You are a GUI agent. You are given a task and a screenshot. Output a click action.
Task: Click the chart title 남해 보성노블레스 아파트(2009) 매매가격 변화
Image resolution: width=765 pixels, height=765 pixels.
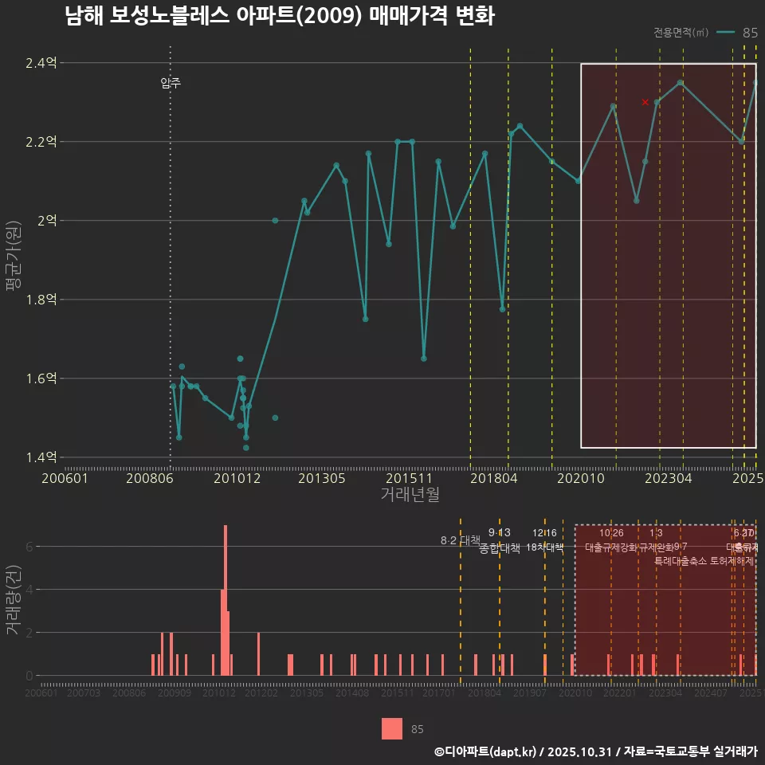[x=280, y=17]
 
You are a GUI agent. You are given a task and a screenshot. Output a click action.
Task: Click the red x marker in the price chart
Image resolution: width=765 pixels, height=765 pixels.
[x=645, y=102]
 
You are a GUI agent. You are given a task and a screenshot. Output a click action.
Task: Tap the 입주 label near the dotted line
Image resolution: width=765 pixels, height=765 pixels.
[x=171, y=83]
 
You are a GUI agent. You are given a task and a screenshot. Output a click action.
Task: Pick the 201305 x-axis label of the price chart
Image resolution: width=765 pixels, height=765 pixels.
[x=321, y=479]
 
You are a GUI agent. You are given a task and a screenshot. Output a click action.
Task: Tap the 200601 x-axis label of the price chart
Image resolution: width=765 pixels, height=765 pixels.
[x=65, y=479]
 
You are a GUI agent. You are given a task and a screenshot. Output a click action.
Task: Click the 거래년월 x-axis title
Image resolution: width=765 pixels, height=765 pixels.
[x=410, y=495]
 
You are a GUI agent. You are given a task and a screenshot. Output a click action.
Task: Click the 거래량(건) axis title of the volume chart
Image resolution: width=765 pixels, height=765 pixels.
[x=13, y=600]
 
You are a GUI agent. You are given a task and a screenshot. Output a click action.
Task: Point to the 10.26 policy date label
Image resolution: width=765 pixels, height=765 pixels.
[x=611, y=533]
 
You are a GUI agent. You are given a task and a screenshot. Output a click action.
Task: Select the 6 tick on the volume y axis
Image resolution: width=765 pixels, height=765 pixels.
[x=29, y=547]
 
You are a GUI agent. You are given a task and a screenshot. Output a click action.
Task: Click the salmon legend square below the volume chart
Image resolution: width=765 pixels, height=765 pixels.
[x=391, y=728]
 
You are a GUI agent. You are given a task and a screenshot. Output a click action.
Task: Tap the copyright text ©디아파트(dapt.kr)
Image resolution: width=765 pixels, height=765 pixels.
[x=485, y=751]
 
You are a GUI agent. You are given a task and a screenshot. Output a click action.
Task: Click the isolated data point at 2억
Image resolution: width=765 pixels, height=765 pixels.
[x=275, y=221]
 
